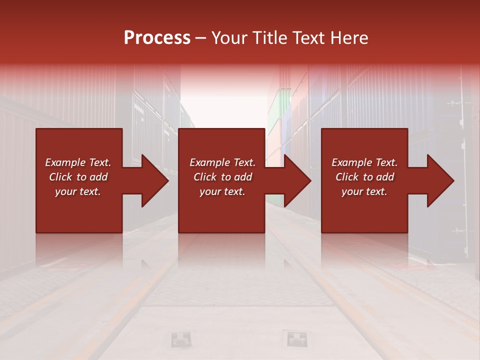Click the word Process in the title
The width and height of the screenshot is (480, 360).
pyautogui.click(x=157, y=38)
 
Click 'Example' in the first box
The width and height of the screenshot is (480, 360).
pyautogui.click(x=64, y=162)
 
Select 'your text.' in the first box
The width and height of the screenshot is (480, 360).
pyautogui.click(x=78, y=191)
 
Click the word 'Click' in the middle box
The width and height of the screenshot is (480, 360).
pyautogui.click(x=205, y=177)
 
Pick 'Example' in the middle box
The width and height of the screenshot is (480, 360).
pyautogui.click(x=209, y=162)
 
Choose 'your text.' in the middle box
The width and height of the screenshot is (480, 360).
pyautogui.click(x=222, y=191)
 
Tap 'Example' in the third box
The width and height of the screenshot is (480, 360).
pyautogui.click(x=351, y=162)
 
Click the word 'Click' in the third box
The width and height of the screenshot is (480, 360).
pyautogui.click(x=347, y=177)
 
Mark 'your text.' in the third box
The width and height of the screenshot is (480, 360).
pyautogui.click(x=364, y=191)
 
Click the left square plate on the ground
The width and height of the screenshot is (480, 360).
pyautogui.click(x=180, y=339)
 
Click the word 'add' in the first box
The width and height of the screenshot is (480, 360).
pyautogui.click(x=98, y=177)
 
